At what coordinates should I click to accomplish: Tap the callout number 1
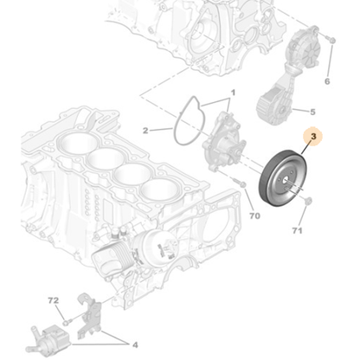click(232, 93)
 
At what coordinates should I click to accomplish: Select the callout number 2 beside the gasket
click(145, 131)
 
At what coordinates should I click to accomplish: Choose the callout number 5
click(312, 112)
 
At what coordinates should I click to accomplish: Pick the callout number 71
click(297, 232)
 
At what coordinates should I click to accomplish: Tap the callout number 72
click(52, 300)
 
